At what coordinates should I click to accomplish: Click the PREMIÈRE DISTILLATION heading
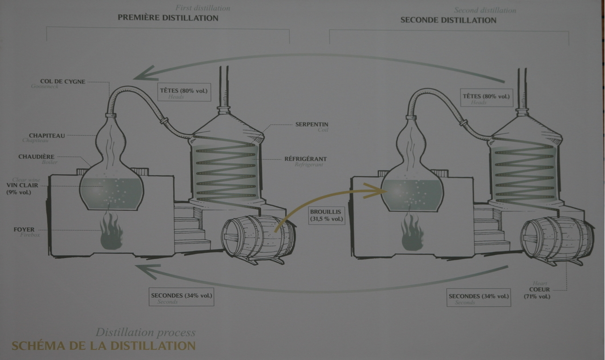(x=168, y=18)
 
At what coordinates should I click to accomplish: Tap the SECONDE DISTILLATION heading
(x=448, y=20)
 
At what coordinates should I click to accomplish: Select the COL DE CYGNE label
(x=62, y=82)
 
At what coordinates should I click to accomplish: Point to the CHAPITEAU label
(x=47, y=136)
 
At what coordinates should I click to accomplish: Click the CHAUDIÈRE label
(x=36, y=157)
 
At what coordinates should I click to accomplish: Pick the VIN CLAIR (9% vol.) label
(x=22, y=188)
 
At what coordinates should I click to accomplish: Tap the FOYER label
(x=24, y=230)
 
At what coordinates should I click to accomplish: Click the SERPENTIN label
(x=312, y=125)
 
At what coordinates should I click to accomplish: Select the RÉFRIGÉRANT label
(x=305, y=159)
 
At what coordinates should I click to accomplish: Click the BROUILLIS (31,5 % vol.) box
(x=327, y=215)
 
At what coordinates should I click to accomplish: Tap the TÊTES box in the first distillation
(x=183, y=93)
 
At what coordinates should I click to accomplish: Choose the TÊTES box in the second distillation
(x=486, y=98)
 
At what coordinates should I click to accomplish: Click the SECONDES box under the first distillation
(x=181, y=297)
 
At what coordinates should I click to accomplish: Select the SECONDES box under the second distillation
(x=479, y=298)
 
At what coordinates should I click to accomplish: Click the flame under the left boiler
(x=111, y=231)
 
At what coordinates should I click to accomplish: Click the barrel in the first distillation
(x=258, y=238)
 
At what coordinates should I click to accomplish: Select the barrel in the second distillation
(x=557, y=240)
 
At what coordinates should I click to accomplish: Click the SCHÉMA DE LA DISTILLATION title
(x=103, y=346)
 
